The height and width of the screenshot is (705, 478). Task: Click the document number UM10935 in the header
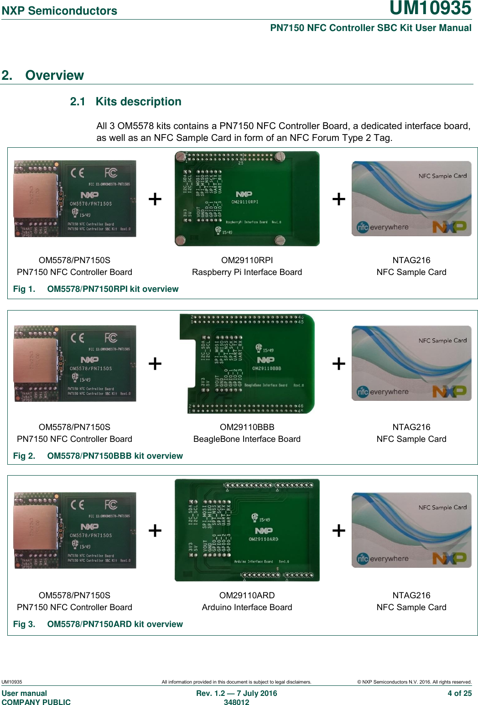click(x=430, y=8)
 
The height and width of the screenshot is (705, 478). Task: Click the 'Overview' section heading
click(x=54, y=75)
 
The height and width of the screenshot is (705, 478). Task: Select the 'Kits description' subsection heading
click(x=138, y=102)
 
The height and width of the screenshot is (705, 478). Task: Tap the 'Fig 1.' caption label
click(x=24, y=289)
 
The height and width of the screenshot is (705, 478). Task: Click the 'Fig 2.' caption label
click(x=24, y=456)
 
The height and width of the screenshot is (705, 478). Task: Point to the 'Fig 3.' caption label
click(x=24, y=624)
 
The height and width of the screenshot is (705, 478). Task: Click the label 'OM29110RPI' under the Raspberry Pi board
click(x=247, y=260)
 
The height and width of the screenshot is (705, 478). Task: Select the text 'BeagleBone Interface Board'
click(x=247, y=439)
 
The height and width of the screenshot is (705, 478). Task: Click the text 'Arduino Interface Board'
click(x=247, y=607)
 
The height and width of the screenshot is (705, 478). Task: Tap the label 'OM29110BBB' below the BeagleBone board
click(x=247, y=427)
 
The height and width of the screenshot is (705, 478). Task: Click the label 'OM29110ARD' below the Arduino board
click(x=247, y=596)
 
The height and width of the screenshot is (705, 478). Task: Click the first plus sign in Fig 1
click(x=155, y=199)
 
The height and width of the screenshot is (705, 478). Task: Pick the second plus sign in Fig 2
click(x=338, y=364)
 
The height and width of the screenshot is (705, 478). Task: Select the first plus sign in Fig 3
click(x=155, y=531)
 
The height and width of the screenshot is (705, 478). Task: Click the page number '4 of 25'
click(x=459, y=693)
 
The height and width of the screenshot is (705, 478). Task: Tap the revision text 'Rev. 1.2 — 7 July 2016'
click(x=236, y=693)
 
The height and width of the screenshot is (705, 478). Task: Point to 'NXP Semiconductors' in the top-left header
click(x=59, y=11)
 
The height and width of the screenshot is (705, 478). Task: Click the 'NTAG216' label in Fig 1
click(x=411, y=260)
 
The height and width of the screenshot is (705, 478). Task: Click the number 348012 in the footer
click(x=236, y=702)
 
